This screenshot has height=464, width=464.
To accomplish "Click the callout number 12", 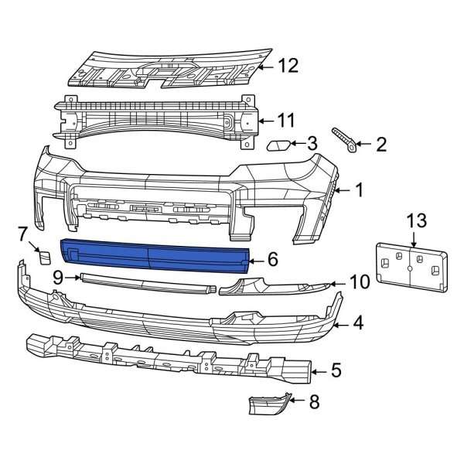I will click(x=288, y=67).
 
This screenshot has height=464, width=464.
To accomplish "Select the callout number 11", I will click(x=286, y=120).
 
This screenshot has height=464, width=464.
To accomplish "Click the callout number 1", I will click(x=358, y=189).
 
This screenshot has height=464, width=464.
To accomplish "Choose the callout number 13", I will click(x=416, y=220).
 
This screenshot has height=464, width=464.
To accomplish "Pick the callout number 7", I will click(x=22, y=232).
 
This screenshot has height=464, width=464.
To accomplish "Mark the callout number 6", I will click(x=272, y=261).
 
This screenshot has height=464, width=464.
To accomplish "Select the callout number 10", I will click(x=359, y=283).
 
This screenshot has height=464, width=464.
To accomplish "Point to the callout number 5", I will click(x=336, y=370).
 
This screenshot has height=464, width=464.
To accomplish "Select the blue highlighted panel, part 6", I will click(x=155, y=254).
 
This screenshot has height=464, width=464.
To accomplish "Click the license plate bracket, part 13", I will click(x=409, y=268).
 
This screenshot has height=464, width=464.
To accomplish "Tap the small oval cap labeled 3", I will click(x=279, y=145).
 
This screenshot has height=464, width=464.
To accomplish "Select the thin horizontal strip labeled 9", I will click(x=147, y=282).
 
